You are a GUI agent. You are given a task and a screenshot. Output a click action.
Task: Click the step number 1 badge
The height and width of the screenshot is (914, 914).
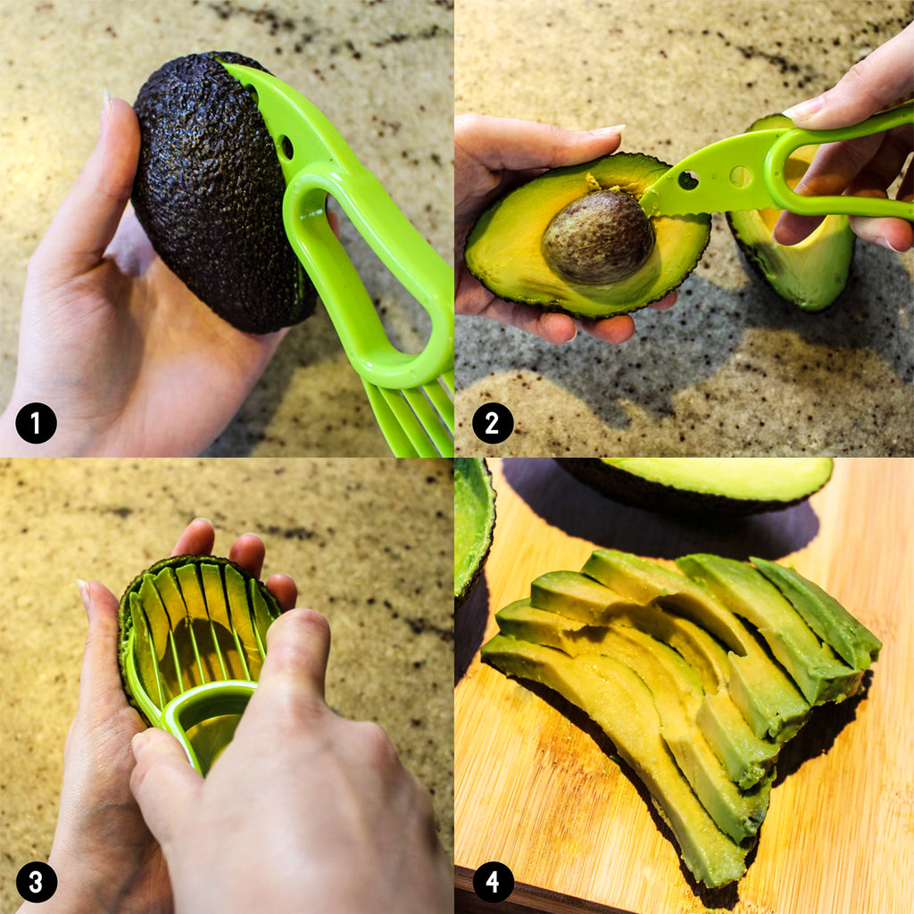(36, 422)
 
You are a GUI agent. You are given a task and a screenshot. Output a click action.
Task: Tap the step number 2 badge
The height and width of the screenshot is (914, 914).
(493, 422)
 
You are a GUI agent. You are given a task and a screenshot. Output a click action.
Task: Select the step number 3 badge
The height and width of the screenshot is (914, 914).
(36, 882)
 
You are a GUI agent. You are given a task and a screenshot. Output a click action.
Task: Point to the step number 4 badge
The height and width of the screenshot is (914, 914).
(493, 882)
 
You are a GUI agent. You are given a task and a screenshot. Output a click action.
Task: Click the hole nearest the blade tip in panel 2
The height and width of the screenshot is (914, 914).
(688, 180)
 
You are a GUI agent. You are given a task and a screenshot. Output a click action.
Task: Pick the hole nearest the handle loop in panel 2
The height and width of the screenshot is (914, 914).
(741, 176)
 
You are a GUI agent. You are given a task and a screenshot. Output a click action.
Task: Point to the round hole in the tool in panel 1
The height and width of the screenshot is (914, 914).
(287, 147)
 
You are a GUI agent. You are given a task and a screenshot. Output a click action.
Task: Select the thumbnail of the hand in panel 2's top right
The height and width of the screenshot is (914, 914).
(803, 108)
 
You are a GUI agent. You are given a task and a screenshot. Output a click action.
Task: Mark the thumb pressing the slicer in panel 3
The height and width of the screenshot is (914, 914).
(292, 652)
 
